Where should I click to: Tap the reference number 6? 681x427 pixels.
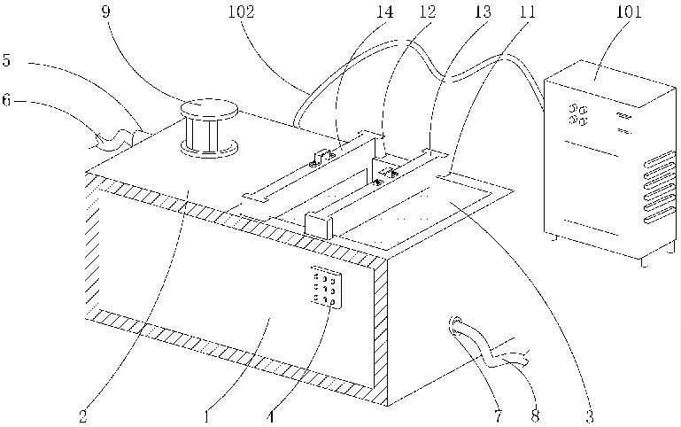[7, 101]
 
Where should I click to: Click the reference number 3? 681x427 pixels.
[587, 413]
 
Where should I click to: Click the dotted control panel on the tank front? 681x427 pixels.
[324, 287]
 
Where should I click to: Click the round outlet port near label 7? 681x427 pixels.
[456, 324]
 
